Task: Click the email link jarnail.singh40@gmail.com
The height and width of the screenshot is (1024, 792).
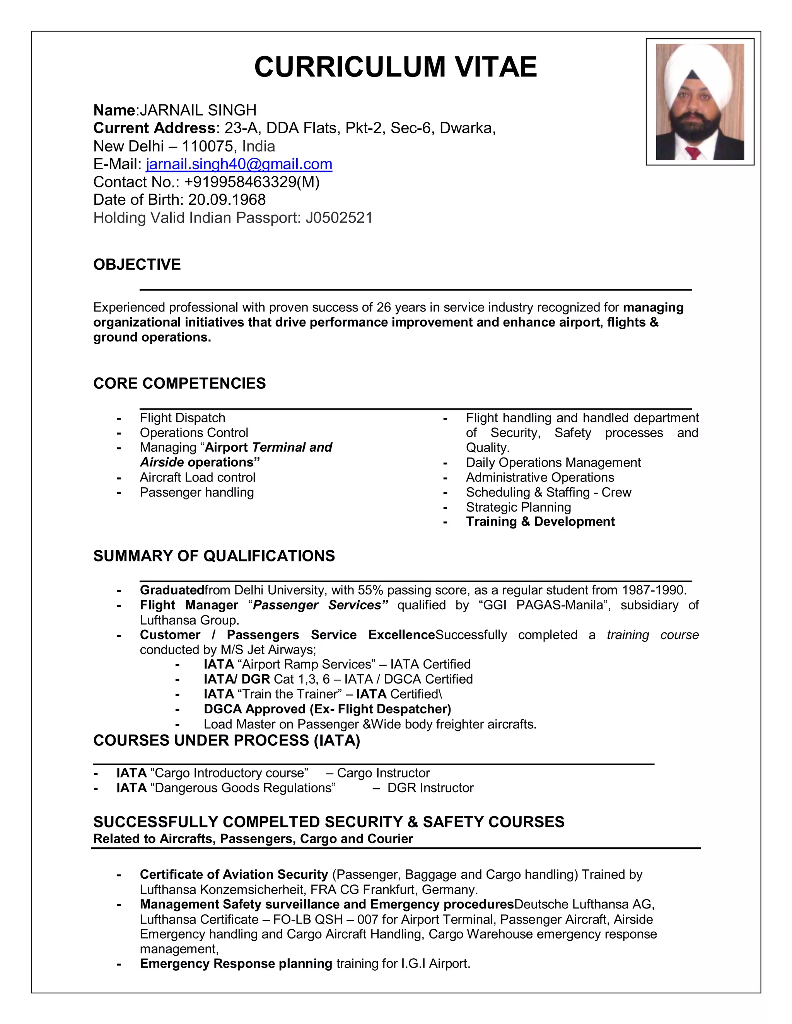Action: click(239, 164)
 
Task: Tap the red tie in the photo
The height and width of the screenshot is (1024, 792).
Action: click(693, 152)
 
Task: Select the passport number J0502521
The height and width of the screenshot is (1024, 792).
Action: click(339, 218)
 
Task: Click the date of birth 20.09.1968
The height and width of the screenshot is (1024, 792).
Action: click(227, 200)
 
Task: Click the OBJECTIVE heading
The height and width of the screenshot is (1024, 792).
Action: click(137, 264)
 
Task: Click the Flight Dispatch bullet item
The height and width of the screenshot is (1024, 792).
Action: click(182, 418)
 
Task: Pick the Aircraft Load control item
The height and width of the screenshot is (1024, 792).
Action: click(197, 477)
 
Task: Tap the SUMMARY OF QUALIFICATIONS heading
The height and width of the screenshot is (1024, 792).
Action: click(214, 556)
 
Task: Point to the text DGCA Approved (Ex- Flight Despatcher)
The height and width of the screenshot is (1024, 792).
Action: click(327, 709)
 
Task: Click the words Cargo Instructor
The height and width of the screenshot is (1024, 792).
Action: click(383, 773)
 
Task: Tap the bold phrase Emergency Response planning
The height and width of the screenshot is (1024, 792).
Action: click(236, 963)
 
